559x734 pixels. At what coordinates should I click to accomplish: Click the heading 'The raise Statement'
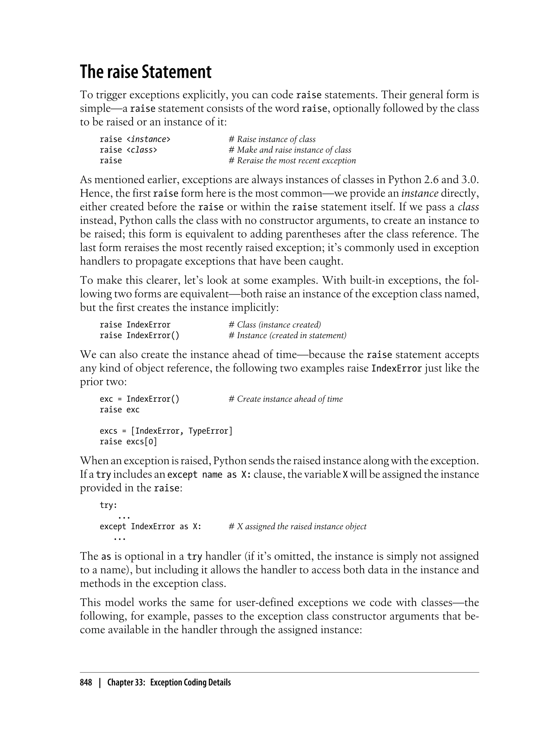click(x=145, y=72)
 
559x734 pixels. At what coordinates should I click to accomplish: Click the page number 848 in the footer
click(x=86, y=682)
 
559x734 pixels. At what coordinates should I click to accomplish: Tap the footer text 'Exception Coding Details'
click(x=190, y=682)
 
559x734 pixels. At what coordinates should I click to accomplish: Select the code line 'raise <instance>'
click(x=135, y=139)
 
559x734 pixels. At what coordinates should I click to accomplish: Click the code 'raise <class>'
click(x=129, y=150)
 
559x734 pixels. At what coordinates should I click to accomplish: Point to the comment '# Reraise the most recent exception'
click(x=292, y=161)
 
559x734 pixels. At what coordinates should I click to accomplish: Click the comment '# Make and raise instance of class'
click(x=290, y=150)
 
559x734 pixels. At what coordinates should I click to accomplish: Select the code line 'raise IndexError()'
click(x=139, y=335)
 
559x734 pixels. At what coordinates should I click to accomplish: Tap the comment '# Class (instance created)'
click(x=275, y=325)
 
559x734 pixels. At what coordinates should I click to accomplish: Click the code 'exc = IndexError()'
click(x=139, y=399)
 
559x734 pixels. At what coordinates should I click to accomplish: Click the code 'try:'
click(x=108, y=505)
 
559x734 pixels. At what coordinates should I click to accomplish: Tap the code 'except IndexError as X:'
click(x=150, y=526)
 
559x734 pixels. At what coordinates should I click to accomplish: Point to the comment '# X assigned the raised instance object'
click(x=298, y=526)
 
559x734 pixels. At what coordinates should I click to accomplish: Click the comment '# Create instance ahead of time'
click(x=286, y=399)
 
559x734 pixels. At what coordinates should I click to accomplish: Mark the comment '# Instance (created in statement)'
click(x=287, y=335)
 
